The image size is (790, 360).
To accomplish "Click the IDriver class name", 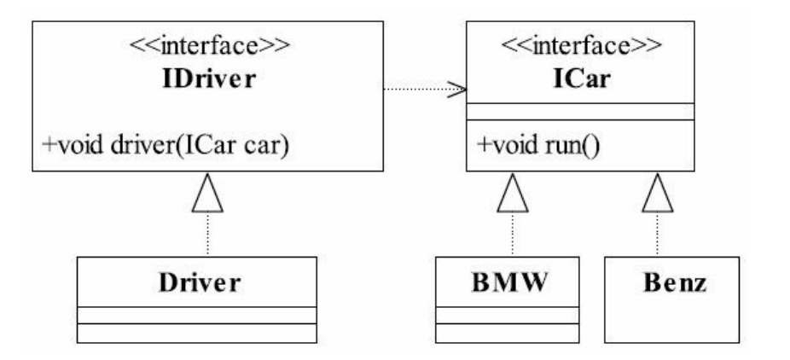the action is pos(208,79).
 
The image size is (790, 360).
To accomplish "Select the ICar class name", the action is pos(582,79).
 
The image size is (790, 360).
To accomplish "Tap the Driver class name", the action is pos(200,283).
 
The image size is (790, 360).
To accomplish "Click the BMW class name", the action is pos(508,283).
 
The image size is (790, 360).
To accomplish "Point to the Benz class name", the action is pos(675,283).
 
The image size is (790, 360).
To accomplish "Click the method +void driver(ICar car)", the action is pos(166,146).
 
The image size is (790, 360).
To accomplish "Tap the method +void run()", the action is pos(537,146).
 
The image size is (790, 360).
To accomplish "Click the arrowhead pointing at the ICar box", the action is pos(457,90).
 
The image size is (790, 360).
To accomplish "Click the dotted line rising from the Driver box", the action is pos(207,235).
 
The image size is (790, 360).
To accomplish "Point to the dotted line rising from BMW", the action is pos(513,235).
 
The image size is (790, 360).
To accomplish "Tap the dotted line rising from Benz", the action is pos(658,235).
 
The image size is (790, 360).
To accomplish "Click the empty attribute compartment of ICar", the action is pos(580,112).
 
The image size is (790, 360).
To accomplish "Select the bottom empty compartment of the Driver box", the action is pos(197,333).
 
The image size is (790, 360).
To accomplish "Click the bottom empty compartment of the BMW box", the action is pos(508,333).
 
